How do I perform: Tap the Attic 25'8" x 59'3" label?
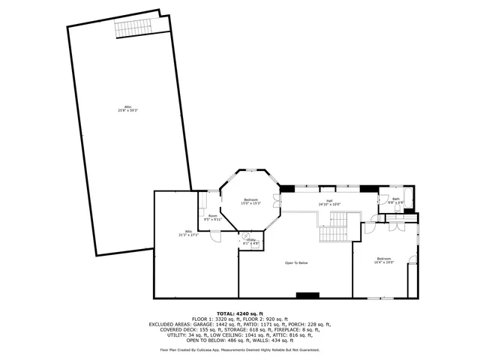127,108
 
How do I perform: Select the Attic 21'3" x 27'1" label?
188,232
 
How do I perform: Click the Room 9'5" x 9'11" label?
214,218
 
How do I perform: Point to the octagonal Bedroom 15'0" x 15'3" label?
250,202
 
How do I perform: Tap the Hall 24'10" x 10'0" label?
329,202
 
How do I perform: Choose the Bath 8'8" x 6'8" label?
396,201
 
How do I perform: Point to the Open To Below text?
296,262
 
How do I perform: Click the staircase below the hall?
334,227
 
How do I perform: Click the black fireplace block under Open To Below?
312,295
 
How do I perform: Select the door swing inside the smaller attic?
215,238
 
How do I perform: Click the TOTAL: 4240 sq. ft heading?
239,313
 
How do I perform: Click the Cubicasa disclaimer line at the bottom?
239,349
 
